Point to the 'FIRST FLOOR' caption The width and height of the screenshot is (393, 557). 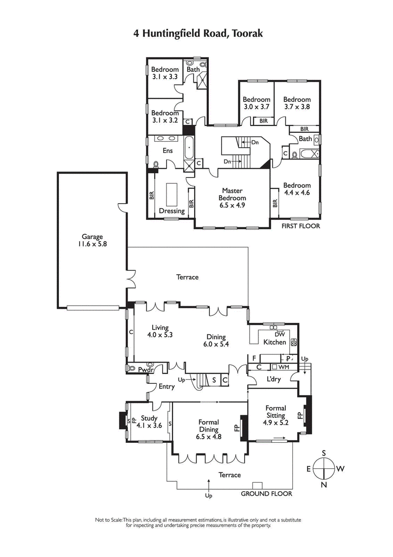pos(300,227)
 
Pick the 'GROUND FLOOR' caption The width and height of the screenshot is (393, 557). pos(266,494)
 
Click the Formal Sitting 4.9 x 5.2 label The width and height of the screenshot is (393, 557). pos(276,415)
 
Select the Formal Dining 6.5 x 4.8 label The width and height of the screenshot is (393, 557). pos(208,429)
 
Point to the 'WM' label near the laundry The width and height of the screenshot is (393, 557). pos(284,367)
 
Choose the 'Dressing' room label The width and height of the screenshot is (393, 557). pos(172,211)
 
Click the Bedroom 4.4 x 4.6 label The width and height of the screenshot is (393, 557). pos(297,189)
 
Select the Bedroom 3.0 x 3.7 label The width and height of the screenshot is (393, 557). pos(256,103)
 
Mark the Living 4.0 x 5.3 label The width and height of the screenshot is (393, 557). pos(160,331)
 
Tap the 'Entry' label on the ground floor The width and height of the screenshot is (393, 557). pos(166,387)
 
